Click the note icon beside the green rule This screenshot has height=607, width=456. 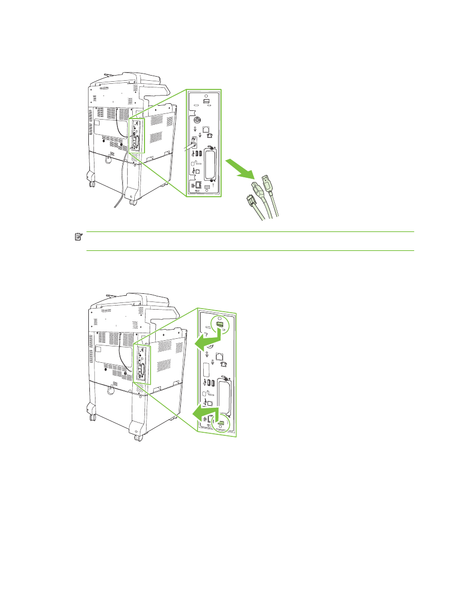point(78,237)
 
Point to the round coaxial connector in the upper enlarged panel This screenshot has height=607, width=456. point(196,120)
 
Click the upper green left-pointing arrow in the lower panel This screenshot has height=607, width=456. point(207,339)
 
